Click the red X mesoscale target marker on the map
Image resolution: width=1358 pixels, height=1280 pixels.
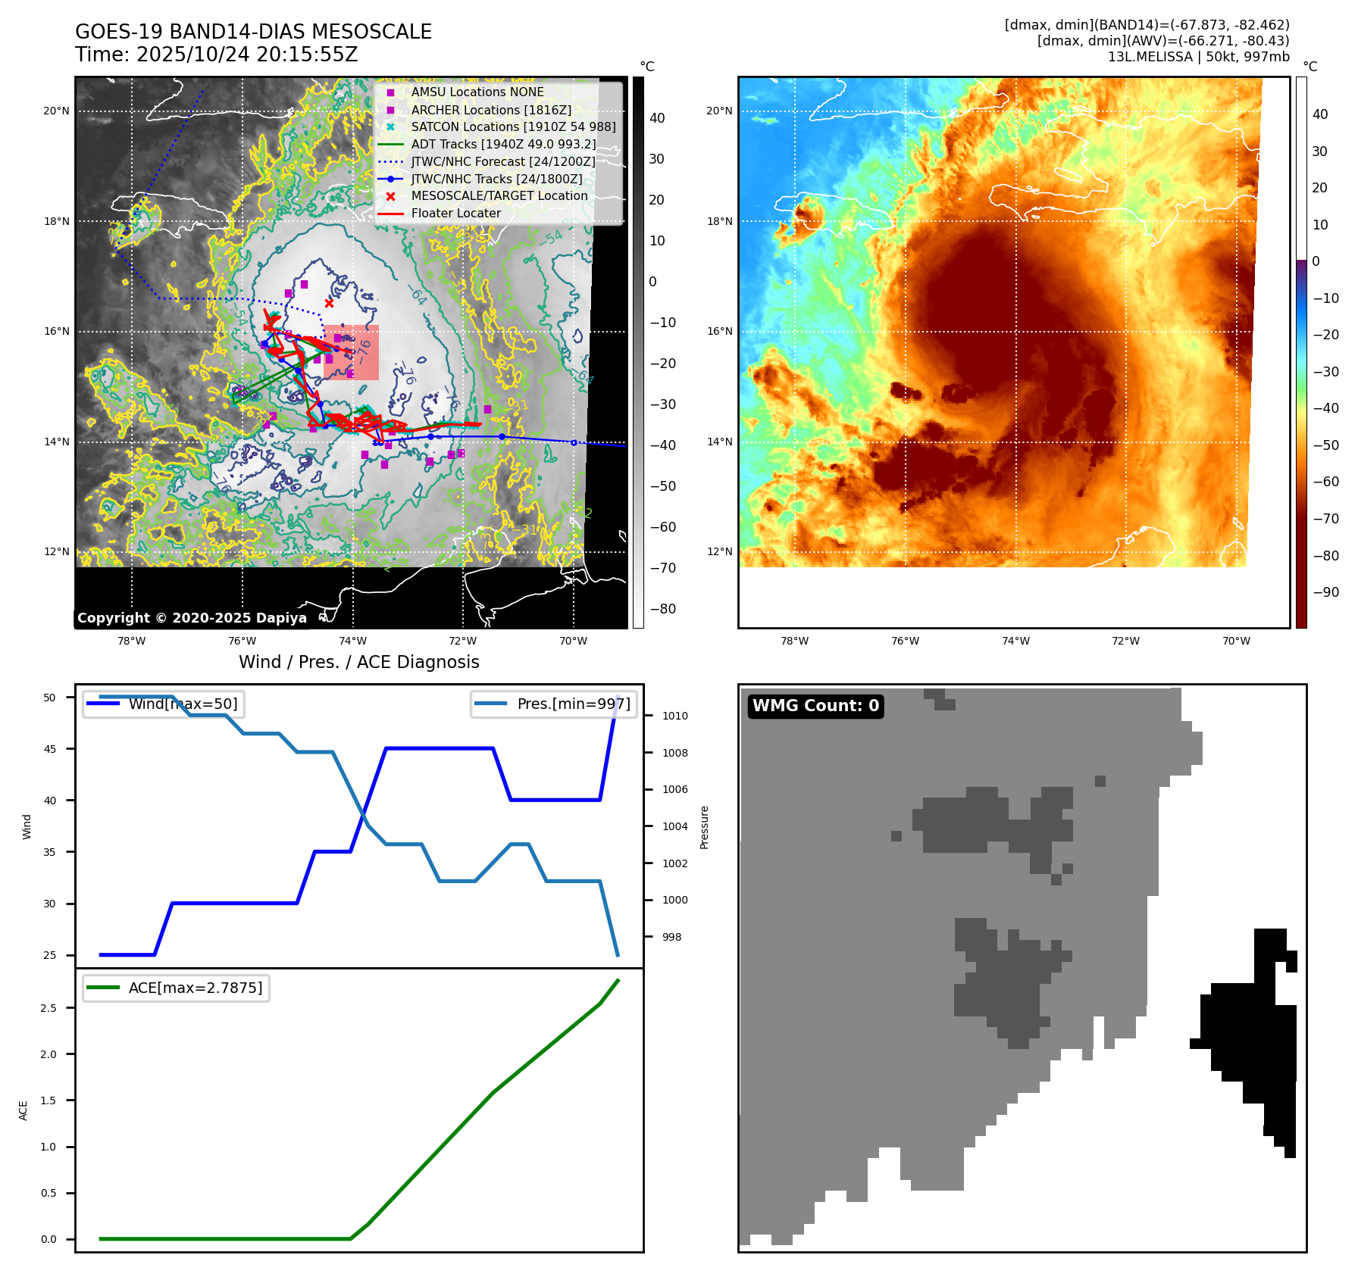[x=329, y=303]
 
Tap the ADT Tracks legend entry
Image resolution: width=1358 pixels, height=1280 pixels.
[x=503, y=144]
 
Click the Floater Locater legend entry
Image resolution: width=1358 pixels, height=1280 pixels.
[x=455, y=213]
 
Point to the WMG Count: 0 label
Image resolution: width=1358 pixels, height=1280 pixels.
[x=815, y=706]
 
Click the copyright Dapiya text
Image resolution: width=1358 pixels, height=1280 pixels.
[x=192, y=618]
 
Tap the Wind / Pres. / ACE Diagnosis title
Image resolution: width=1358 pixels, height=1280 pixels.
[x=358, y=662]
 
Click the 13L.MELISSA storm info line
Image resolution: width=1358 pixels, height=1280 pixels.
[x=1198, y=57]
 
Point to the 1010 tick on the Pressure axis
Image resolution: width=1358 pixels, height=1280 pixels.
[x=674, y=716]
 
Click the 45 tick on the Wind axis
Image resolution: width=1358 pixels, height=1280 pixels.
[x=50, y=749]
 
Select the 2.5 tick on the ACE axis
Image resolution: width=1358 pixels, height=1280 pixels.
[x=48, y=1008]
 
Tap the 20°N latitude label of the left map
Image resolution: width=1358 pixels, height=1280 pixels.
[x=56, y=111]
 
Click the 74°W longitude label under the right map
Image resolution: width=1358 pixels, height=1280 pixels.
[x=1015, y=641]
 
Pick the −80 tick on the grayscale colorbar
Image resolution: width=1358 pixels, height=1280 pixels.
[x=662, y=609]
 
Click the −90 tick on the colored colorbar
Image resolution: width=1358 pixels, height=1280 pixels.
[x=1325, y=592]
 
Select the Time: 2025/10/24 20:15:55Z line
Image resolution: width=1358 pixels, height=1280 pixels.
[x=216, y=55]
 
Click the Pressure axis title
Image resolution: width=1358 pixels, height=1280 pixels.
[x=704, y=827]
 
